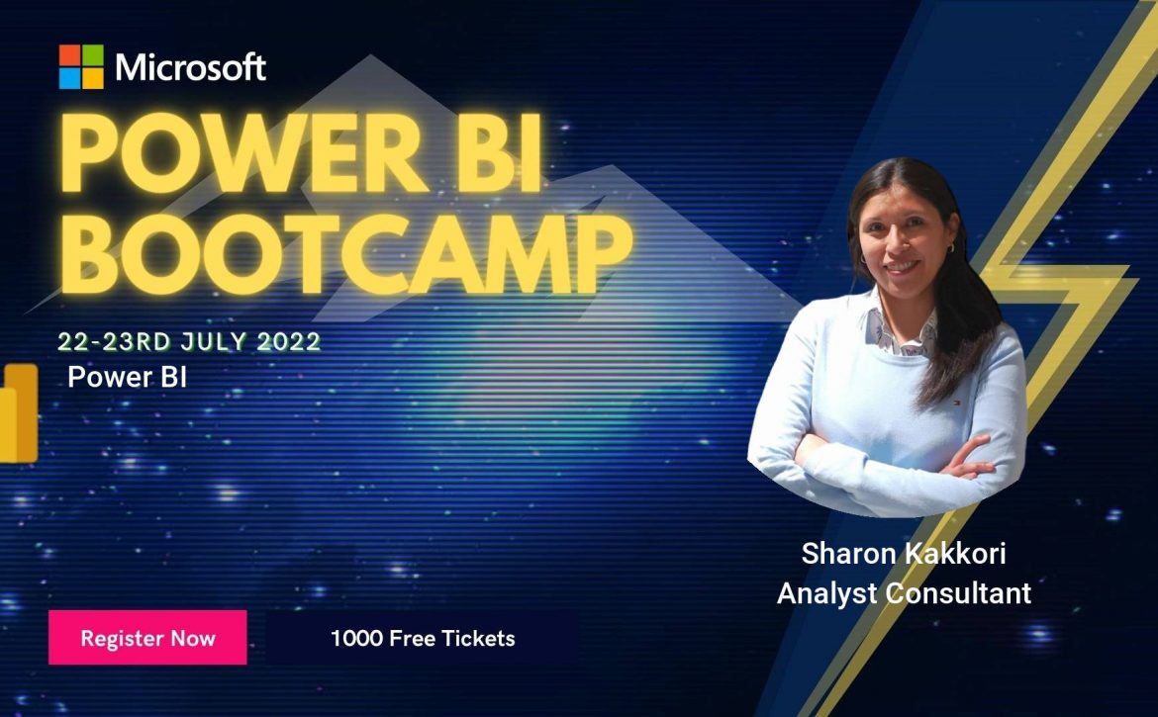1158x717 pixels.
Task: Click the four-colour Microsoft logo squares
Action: coord(81,66)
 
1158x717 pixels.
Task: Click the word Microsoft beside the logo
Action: coord(191,67)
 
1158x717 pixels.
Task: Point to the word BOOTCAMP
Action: coord(345,254)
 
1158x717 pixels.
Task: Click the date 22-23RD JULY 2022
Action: coord(190,341)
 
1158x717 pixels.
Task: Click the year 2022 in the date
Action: coord(289,341)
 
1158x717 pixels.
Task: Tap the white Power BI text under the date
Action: coord(127,377)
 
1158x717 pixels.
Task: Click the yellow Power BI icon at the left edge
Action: coord(18,413)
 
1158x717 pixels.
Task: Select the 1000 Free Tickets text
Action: coord(423,638)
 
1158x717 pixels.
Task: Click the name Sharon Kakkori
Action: coord(904,553)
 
